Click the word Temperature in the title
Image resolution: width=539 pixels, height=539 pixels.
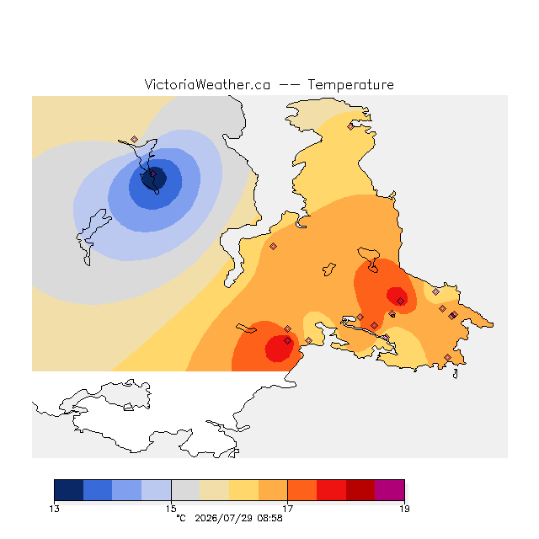click(x=350, y=84)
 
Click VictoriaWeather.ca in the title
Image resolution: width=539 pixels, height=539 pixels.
click(x=207, y=84)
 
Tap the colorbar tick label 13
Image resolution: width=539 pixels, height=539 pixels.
click(x=54, y=509)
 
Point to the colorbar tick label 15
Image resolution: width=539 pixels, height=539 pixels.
click(x=171, y=509)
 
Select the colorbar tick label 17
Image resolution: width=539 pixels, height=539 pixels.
click(x=288, y=509)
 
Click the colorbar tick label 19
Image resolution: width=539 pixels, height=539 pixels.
click(x=404, y=509)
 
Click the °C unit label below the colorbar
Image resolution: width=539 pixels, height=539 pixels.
click(x=181, y=518)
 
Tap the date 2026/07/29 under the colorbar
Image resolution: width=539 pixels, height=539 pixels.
click(x=223, y=518)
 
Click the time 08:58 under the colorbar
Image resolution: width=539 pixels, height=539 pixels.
click(x=269, y=518)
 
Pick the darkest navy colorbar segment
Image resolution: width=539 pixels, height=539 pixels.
click(x=69, y=490)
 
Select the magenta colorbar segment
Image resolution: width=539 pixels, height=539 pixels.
click(x=389, y=490)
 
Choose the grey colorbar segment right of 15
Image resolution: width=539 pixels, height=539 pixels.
click(x=185, y=490)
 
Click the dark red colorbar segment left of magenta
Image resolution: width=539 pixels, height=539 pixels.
click(x=360, y=490)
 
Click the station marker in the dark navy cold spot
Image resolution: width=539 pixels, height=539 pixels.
click(x=153, y=174)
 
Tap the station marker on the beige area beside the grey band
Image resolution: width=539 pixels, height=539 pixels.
click(x=135, y=139)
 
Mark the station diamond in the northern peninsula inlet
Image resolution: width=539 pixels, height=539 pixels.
click(x=350, y=127)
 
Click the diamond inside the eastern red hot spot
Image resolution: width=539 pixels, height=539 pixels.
click(x=401, y=302)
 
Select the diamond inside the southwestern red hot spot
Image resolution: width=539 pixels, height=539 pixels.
click(x=288, y=340)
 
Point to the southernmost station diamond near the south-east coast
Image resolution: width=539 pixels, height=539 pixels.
click(x=447, y=357)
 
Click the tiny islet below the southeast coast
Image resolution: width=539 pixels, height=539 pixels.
click(x=455, y=374)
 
